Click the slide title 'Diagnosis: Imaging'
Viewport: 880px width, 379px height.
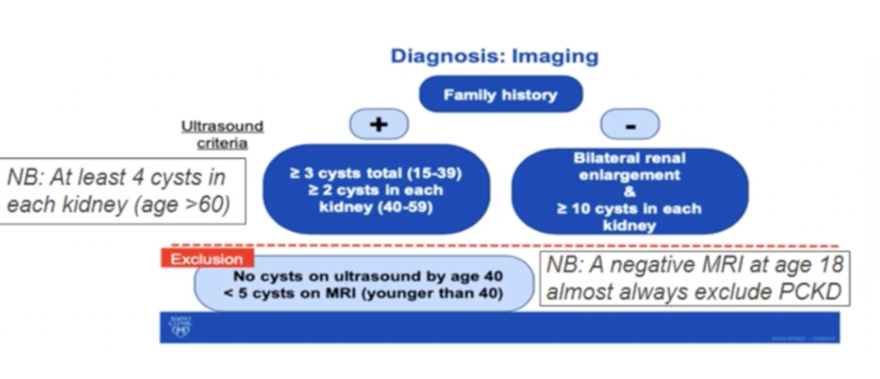(x=494, y=56)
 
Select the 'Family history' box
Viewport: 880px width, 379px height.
(x=501, y=95)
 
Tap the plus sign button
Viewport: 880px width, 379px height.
(x=378, y=124)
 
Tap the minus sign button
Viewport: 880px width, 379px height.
(x=629, y=124)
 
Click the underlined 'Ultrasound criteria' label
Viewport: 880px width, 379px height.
(x=222, y=134)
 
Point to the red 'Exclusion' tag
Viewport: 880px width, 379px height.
(x=206, y=259)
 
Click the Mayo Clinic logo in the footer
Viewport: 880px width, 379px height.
(x=180, y=328)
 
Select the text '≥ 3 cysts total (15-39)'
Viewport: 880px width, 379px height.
(x=375, y=174)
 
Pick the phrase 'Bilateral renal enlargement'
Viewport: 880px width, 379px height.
(x=629, y=167)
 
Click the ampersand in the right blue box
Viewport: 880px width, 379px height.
(x=629, y=192)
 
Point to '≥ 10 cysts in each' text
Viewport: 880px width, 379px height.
(x=629, y=209)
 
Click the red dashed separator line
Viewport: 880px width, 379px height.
(x=501, y=245)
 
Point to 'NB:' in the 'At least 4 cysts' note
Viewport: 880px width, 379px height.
(x=26, y=178)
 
